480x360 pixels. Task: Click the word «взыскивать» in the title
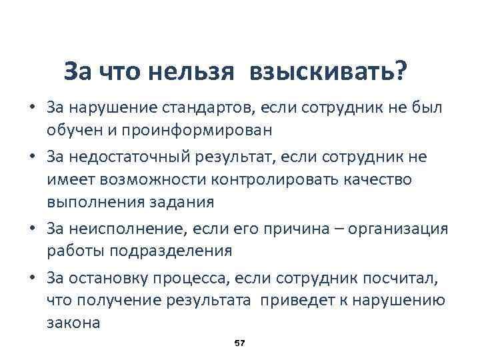point(327,71)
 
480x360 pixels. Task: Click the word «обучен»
point(71,128)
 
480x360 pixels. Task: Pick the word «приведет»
point(294,300)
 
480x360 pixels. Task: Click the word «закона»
point(73,322)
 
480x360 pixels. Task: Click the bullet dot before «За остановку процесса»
point(31,278)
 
